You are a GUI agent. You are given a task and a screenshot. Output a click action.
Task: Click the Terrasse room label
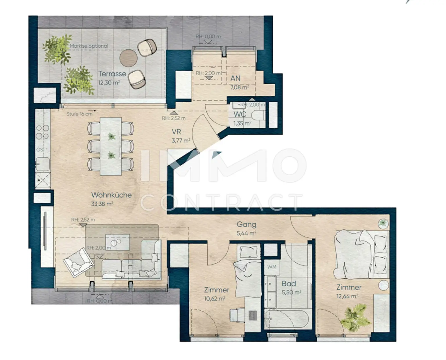coord(112,74)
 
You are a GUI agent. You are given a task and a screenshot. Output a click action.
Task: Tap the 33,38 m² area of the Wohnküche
coord(102,204)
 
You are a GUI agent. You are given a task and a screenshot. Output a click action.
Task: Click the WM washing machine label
coord(272,267)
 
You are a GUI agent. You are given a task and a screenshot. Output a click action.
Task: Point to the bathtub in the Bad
coord(287,319)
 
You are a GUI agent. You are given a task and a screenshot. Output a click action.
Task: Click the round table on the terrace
coord(128,58)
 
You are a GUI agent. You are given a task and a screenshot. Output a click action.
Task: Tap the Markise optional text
coord(89,46)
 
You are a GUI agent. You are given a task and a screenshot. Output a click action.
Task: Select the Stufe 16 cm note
coord(80,114)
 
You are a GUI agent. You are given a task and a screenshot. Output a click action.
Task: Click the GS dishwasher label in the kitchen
coord(40,150)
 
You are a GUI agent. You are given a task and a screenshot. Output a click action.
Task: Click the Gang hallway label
coord(246,224)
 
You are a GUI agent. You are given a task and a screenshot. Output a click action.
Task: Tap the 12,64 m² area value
coord(347,296)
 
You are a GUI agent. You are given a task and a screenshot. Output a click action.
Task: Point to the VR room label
coord(176,132)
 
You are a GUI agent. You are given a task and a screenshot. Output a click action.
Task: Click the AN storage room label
coord(235,78)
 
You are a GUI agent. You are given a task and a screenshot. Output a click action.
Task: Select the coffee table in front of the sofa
coord(117,242)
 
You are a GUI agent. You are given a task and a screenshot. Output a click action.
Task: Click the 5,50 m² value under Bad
coord(291,292)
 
